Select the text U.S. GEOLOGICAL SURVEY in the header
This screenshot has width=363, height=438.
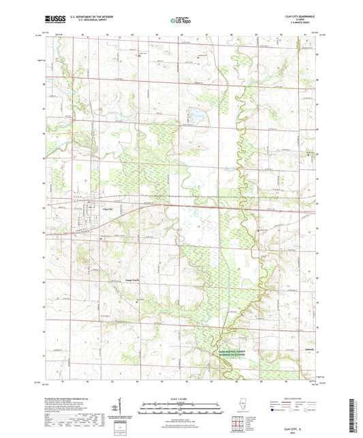pyautogui.click(x=84, y=20)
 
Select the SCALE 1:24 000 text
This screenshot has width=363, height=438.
pyautogui.click(x=181, y=398)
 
